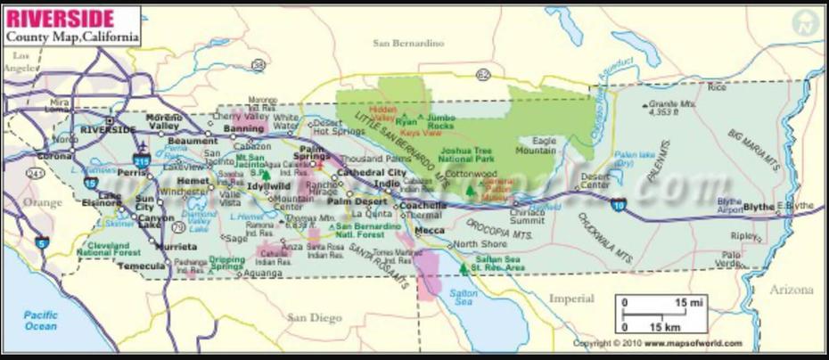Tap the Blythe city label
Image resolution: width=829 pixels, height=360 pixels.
coord(758,207)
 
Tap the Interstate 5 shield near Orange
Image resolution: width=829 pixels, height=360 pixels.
coord(41,241)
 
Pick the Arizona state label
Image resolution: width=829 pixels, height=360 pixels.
coord(792,290)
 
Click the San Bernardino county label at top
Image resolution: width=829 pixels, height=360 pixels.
coord(407,43)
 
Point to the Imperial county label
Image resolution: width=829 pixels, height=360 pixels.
coord(570,298)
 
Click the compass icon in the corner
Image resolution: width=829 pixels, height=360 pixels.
coord(807,23)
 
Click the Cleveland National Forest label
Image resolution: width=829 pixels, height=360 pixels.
coord(108,248)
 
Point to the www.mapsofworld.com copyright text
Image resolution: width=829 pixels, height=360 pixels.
coord(644,343)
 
